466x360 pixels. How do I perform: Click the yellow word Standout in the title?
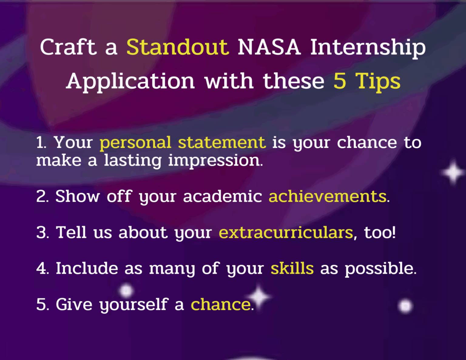pyautogui.click(x=177, y=47)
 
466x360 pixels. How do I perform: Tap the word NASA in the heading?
pyautogui.click(x=269, y=47)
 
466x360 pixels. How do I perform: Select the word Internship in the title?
pyautogui.click(x=368, y=48)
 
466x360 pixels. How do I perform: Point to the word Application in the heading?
pyautogui.click(x=130, y=81)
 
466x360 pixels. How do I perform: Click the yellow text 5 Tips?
pyautogui.click(x=367, y=81)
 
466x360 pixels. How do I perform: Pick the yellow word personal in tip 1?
pyautogui.click(x=135, y=143)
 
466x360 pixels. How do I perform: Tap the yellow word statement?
pyautogui.click(x=221, y=143)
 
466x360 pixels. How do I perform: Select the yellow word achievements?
pyautogui.click(x=327, y=196)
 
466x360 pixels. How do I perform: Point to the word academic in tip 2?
pyautogui.click(x=222, y=196)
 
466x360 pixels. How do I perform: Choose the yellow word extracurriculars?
pyautogui.click(x=286, y=233)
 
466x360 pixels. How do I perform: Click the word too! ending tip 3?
pyautogui.click(x=380, y=233)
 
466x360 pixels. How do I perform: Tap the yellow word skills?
pyautogui.click(x=292, y=268)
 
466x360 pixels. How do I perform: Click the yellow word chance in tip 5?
pyautogui.click(x=221, y=304)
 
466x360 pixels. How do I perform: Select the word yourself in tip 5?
pyautogui.click(x=133, y=305)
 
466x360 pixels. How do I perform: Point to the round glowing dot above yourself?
pyautogui.click(x=126, y=291)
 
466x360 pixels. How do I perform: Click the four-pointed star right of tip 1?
pyautogui.click(x=453, y=172)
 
